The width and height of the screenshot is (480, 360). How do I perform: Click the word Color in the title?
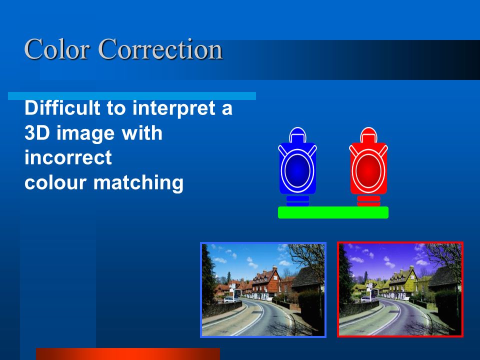click(57, 49)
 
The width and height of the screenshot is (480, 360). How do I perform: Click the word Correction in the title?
click(160, 49)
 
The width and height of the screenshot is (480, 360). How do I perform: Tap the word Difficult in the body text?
click(62, 108)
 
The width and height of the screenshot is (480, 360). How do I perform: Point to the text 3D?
click(37, 133)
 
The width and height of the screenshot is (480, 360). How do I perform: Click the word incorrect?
click(68, 157)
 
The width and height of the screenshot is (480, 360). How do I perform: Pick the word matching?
click(138, 183)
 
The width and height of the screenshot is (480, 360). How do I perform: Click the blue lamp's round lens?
click(297, 170)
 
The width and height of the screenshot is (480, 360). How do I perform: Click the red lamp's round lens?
click(368, 170)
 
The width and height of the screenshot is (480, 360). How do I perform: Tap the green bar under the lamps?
click(333, 212)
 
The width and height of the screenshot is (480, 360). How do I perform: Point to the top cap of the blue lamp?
click(297, 135)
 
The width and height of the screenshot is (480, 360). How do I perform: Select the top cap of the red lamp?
click(368, 135)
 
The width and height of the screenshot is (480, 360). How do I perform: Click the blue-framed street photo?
click(263, 290)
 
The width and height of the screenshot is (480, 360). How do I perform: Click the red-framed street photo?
click(400, 289)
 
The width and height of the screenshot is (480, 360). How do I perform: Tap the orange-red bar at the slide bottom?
click(128, 354)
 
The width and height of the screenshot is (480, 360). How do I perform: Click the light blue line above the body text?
click(132, 96)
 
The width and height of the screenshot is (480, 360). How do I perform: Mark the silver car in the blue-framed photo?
click(229, 299)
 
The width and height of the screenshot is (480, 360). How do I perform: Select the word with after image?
click(141, 133)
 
